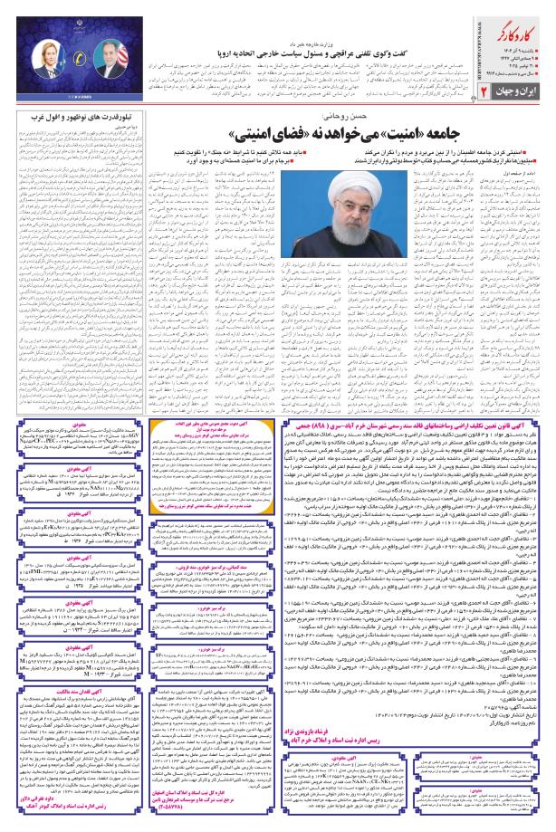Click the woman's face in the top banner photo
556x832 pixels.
click(45, 56)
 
